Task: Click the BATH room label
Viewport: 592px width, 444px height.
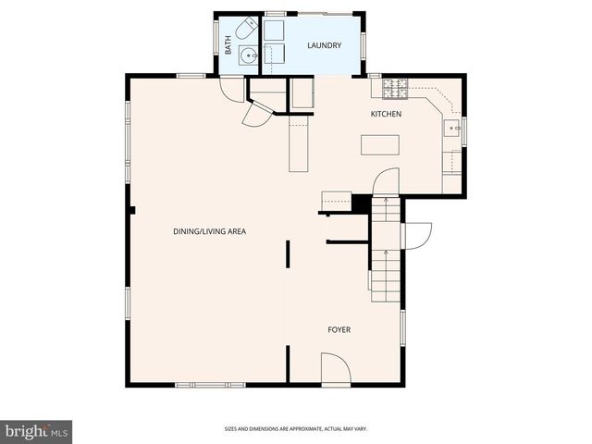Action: click(228, 45)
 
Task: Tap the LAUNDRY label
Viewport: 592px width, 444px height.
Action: click(325, 45)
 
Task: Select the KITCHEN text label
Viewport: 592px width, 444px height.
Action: click(386, 114)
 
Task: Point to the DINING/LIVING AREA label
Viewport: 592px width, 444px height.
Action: click(209, 231)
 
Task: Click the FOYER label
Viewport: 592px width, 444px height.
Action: click(339, 329)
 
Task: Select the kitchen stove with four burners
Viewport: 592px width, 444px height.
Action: click(395, 89)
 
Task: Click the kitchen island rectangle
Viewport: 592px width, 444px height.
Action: click(380, 145)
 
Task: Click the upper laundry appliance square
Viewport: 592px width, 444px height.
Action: click(274, 30)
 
